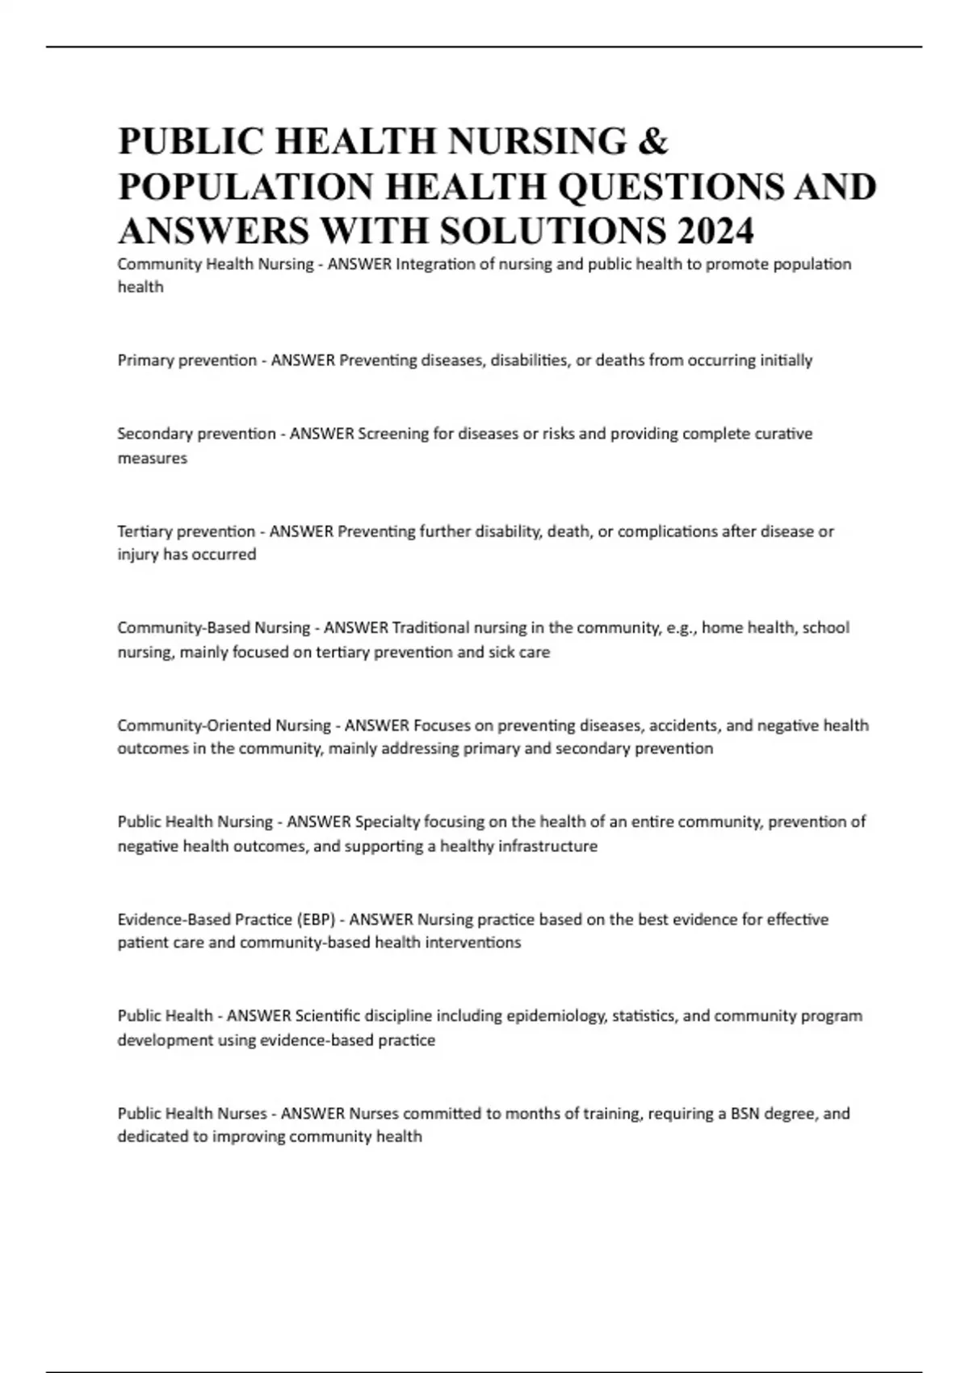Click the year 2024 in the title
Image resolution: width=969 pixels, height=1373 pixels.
point(715,231)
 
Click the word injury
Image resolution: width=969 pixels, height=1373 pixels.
point(138,555)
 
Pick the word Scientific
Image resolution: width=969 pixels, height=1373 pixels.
point(328,1016)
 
